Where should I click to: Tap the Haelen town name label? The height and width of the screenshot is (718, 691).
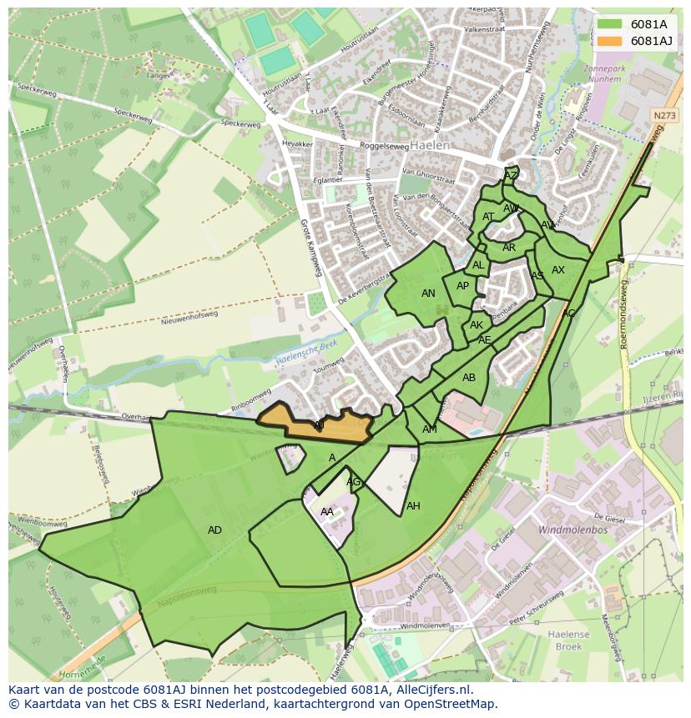click(430, 145)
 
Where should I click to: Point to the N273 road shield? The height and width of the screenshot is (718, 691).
click(664, 116)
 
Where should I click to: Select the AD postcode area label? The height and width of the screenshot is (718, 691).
click(214, 530)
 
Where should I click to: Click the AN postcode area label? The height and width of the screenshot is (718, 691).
click(428, 294)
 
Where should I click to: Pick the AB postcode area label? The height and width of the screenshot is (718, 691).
click(469, 378)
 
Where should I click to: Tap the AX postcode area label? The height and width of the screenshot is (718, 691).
click(558, 270)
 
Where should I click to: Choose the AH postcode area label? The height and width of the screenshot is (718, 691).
click(413, 506)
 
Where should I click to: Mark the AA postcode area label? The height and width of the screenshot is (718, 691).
click(327, 512)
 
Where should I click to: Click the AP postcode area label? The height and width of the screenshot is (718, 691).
click(462, 286)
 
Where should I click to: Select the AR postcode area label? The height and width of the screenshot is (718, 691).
click(509, 248)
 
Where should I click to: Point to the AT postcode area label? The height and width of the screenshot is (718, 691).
click(488, 217)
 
